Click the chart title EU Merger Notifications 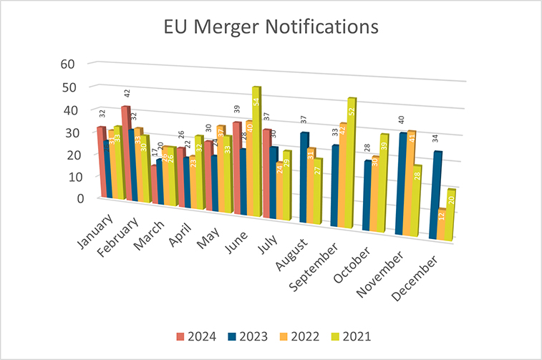[x=271, y=28]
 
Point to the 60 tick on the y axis [x=68, y=63]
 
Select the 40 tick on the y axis [x=68, y=110]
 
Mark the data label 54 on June [x=257, y=102]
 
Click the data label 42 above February [x=127, y=94]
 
